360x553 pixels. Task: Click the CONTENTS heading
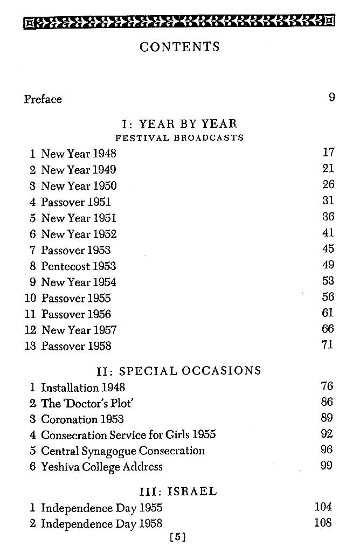pyautogui.click(x=179, y=47)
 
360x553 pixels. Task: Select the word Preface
pyautogui.click(x=43, y=99)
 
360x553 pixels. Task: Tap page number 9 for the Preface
pyautogui.click(x=331, y=98)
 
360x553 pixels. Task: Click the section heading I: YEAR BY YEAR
pyautogui.click(x=180, y=125)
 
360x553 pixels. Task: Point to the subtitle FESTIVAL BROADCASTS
pyautogui.click(x=179, y=138)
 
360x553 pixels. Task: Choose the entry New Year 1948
pyautogui.click(x=78, y=154)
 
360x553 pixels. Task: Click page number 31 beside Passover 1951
pyautogui.click(x=328, y=201)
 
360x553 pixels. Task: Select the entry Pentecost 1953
pyautogui.click(x=78, y=266)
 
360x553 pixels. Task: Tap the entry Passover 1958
pyautogui.click(x=76, y=346)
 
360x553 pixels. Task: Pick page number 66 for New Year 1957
pyautogui.click(x=328, y=329)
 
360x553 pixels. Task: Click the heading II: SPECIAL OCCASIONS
pyautogui.click(x=178, y=371)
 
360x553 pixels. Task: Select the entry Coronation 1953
pyautogui.click(x=82, y=419)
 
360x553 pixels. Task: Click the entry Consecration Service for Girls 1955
pyautogui.click(x=128, y=434)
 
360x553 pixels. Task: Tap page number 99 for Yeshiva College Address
pyautogui.click(x=327, y=465)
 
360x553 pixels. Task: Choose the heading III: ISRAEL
pyautogui.click(x=178, y=492)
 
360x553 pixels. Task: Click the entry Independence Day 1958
pyautogui.click(x=101, y=523)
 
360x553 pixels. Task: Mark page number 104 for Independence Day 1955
pyautogui.click(x=323, y=507)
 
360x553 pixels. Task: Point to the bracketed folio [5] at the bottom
pyautogui.click(x=177, y=537)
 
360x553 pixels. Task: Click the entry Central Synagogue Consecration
pyautogui.click(x=123, y=451)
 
